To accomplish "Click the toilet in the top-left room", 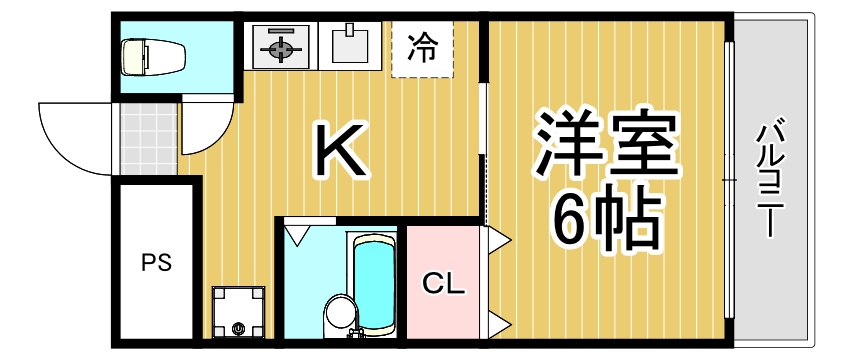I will (x=148, y=57).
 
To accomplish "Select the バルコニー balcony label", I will (x=769, y=179).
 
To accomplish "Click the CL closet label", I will (x=443, y=284).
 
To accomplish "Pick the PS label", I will (x=155, y=264).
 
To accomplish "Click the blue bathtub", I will (x=374, y=284).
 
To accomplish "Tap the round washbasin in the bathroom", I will (x=339, y=312).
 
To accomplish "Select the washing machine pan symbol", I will (x=238, y=312).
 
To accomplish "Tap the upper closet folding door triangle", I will (x=497, y=240).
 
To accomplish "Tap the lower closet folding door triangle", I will (x=497, y=323).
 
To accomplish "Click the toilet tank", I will (x=129, y=57).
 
